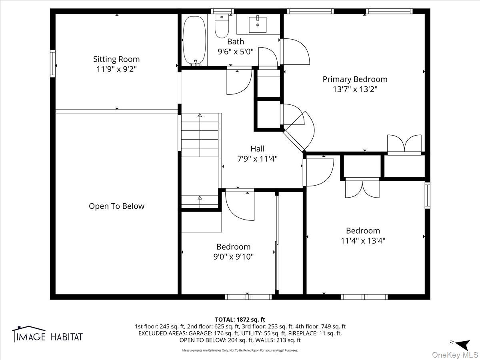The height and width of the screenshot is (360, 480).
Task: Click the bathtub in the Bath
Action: [x=194, y=41]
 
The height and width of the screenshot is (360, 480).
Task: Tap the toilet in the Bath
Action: [x=222, y=26]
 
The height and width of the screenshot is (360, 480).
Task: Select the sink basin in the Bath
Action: [x=258, y=25]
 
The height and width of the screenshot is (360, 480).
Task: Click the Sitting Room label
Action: [x=116, y=59]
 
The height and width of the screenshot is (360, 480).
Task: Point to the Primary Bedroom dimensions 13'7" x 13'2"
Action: [x=355, y=89]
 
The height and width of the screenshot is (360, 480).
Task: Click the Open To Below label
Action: [x=116, y=206]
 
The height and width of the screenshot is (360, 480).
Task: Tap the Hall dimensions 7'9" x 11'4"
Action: [x=257, y=159]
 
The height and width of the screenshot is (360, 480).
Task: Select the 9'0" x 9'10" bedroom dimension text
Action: [x=233, y=257]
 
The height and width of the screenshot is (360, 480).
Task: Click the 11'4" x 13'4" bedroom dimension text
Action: [x=363, y=241]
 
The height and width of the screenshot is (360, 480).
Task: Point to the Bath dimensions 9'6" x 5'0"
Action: [x=236, y=52]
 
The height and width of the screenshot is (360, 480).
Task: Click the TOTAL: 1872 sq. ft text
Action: [x=240, y=320]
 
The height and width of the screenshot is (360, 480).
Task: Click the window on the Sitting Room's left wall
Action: [x=53, y=64]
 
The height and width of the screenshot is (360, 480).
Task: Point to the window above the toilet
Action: [x=222, y=11]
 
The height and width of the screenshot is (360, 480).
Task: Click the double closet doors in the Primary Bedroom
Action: [x=404, y=144]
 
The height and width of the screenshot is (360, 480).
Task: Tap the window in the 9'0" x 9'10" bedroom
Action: [x=248, y=297]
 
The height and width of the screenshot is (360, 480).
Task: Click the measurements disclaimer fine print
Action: [x=240, y=350]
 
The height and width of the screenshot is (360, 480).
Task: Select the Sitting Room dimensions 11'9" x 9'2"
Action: [x=116, y=69]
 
